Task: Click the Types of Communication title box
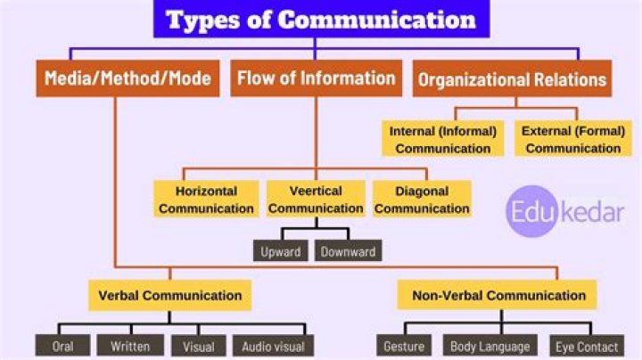tap(321, 19)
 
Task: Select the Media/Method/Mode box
tap(128, 78)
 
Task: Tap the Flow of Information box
tap(316, 78)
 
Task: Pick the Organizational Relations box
tap(512, 79)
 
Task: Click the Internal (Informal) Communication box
tap(442, 139)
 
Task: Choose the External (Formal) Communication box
tap(573, 139)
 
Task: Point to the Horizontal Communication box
tap(206, 199)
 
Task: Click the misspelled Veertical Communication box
tap(316, 199)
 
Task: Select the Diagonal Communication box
tap(422, 199)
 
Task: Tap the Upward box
tap(281, 250)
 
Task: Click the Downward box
tap(348, 250)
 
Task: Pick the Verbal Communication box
tap(170, 295)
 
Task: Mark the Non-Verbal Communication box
tap(497, 295)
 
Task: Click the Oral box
tap(62, 346)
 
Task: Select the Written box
tap(130, 346)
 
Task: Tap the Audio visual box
tap(273, 346)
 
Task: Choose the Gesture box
tap(404, 346)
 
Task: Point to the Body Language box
tap(490, 346)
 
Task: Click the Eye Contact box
tap(587, 346)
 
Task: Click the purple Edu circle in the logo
tap(531, 211)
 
